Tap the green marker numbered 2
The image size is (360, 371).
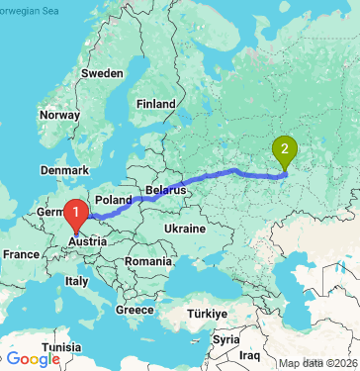286,150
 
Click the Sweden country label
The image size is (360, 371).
103,74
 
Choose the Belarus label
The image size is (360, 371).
165,188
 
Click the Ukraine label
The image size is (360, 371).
184,227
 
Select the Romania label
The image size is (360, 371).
148,259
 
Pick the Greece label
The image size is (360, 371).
135,309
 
